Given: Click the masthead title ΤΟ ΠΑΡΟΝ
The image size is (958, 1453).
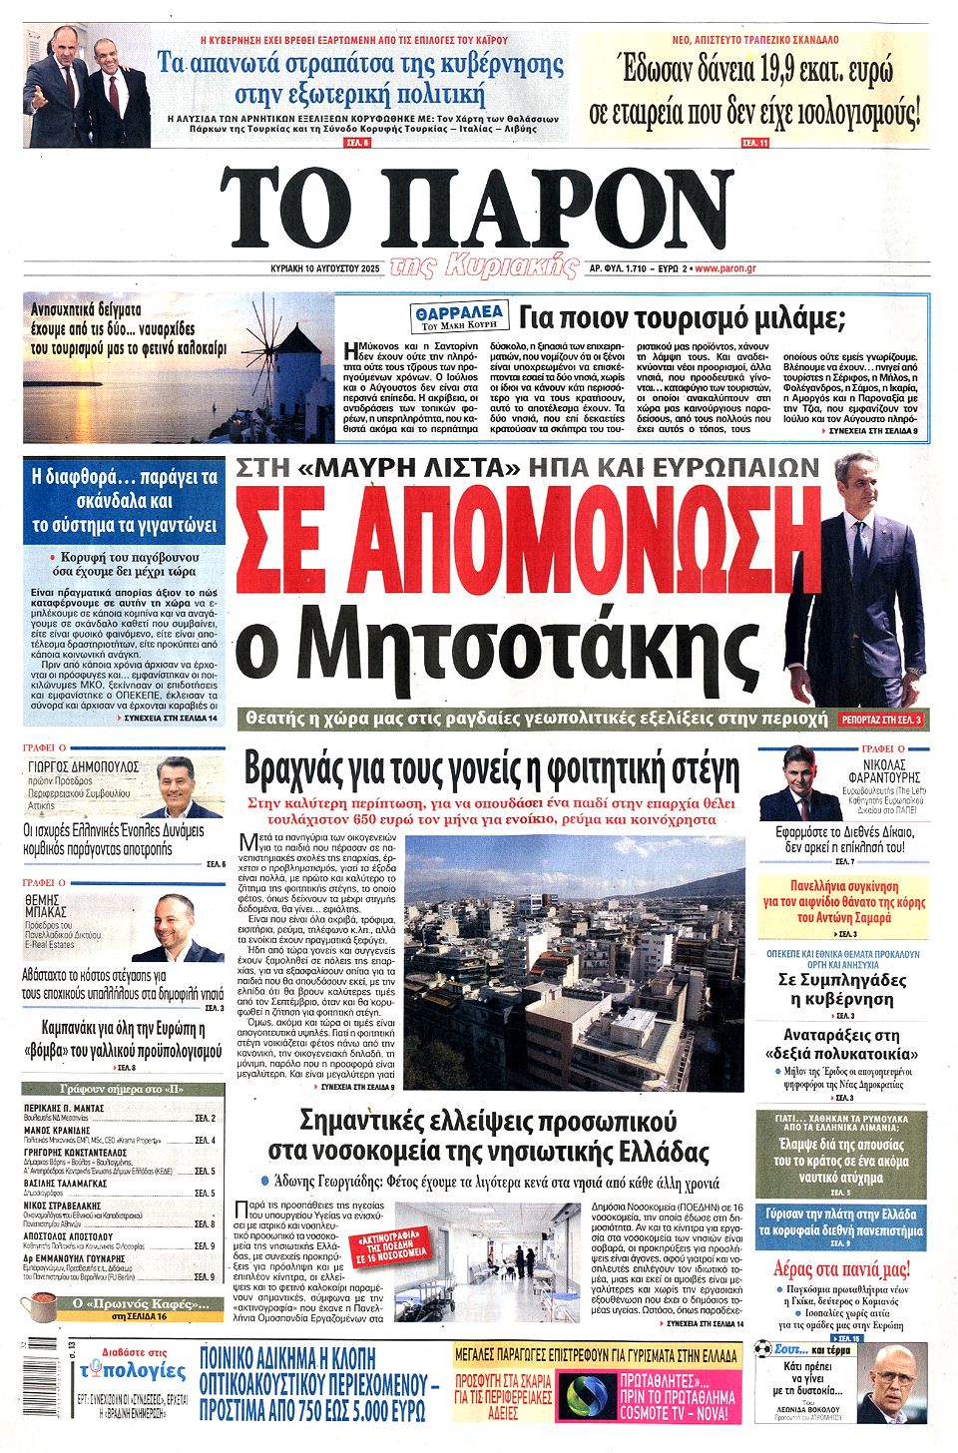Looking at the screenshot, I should pyautogui.click(x=477, y=210).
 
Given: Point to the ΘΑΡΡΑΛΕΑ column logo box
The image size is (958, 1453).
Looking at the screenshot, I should pyautogui.click(x=459, y=317).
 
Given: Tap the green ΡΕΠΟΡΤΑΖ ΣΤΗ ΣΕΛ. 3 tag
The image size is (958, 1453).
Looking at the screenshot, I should pyautogui.click(x=881, y=719).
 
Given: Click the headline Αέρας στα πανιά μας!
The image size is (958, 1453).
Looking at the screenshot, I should pyautogui.click(x=841, y=1269).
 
